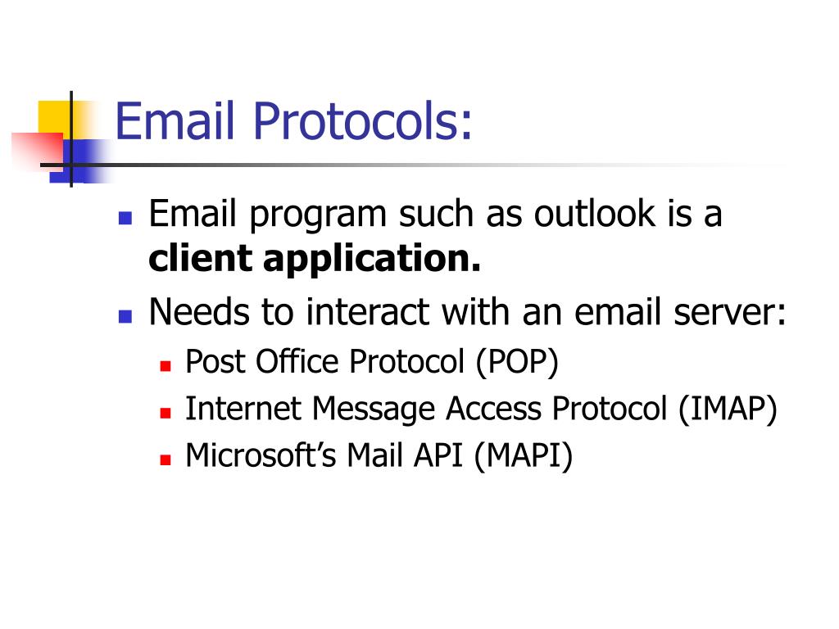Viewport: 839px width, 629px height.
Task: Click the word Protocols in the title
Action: click(x=363, y=121)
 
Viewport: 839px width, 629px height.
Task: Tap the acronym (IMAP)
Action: click(x=727, y=409)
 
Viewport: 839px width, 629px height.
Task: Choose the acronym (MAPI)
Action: click(x=523, y=455)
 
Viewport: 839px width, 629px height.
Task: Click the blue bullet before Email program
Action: click(x=125, y=219)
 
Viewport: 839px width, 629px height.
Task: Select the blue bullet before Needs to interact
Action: click(x=125, y=316)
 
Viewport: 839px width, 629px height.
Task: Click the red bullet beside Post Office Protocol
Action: click(x=165, y=366)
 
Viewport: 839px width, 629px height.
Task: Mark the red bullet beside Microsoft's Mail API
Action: click(x=165, y=460)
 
